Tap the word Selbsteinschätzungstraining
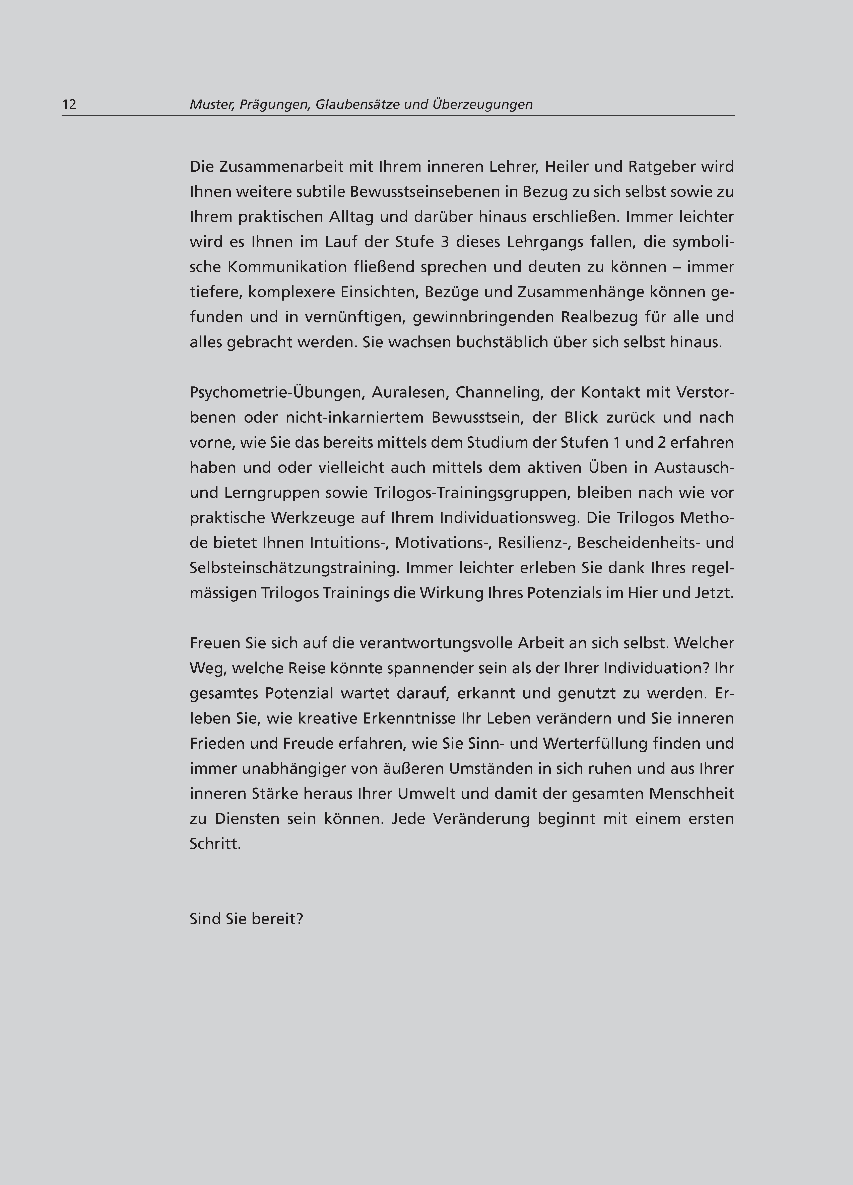point(292,568)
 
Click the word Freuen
point(215,643)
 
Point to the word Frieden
point(216,744)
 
